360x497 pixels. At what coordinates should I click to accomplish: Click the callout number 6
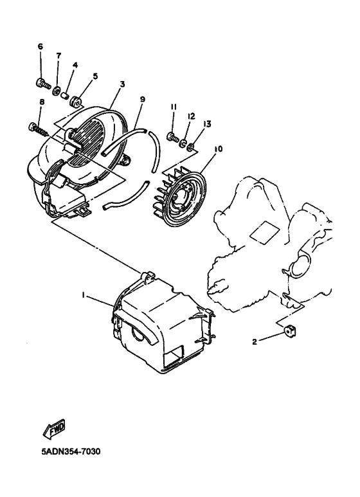pyautogui.click(x=40, y=47)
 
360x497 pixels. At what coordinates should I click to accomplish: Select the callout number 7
pyautogui.click(x=58, y=56)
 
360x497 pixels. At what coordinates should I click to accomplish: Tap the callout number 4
pyautogui.click(x=75, y=65)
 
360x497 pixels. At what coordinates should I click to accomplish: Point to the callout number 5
pyautogui.click(x=95, y=76)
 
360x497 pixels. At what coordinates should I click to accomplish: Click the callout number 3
pyautogui.click(x=122, y=84)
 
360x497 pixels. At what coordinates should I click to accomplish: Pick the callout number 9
pyautogui.click(x=142, y=99)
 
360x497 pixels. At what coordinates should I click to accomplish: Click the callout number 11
pyautogui.click(x=173, y=106)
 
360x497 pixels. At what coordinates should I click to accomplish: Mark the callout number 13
pyautogui.click(x=208, y=123)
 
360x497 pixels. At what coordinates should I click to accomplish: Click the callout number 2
pyautogui.click(x=255, y=342)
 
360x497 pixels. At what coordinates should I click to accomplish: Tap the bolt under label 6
pyautogui.click(x=42, y=83)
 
